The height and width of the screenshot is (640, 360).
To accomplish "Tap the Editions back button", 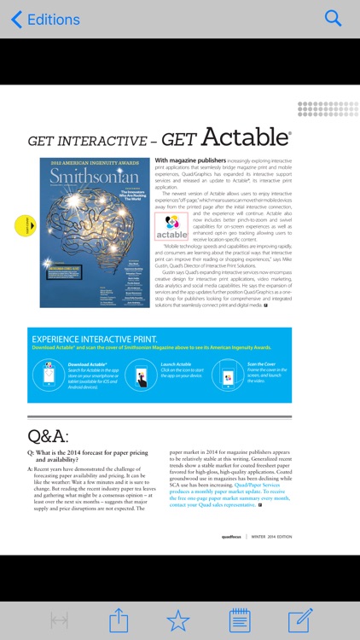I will point(44,19).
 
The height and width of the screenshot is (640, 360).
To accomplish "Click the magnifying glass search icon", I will point(333,19).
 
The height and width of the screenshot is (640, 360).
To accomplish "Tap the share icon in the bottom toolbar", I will point(119,620).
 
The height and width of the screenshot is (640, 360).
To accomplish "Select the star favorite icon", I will point(177,620).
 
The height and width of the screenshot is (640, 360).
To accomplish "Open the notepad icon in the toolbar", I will point(240,620).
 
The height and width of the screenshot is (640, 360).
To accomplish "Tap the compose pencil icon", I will point(300,620).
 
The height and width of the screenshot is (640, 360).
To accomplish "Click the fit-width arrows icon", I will point(59,620).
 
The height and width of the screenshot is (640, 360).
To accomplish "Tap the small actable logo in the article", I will point(171,226).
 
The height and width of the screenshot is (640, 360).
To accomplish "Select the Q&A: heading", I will point(48,436).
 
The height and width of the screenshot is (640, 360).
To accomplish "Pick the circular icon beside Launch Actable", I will point(141,375).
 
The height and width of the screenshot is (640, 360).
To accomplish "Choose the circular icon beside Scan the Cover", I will point(228,375).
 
